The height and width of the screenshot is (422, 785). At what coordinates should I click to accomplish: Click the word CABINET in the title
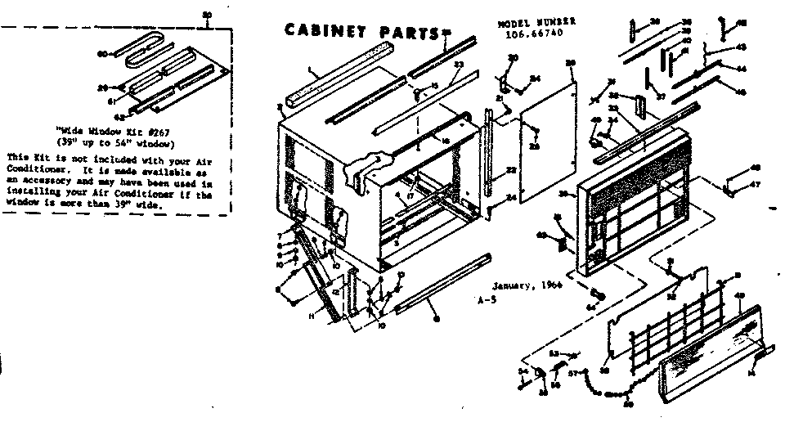tap(323, 31)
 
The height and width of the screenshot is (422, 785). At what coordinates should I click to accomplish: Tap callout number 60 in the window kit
tap(103, 55)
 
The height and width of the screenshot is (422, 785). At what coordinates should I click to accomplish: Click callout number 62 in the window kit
tap(119, 115)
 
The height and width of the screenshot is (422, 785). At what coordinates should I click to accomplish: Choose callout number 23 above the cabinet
tap(459, 65)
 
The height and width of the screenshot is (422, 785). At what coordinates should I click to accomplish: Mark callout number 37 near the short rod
tap(662, 95)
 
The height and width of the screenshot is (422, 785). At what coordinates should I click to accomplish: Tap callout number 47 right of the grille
tap(756, 185)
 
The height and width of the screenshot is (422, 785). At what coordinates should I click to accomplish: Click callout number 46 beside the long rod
tap(741, 92)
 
